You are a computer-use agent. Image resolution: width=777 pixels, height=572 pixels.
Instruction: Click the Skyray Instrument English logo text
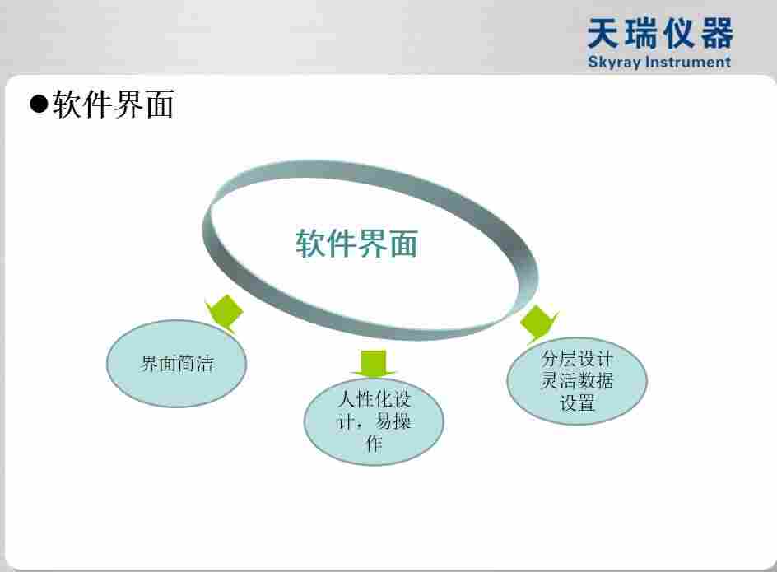pos(659,62)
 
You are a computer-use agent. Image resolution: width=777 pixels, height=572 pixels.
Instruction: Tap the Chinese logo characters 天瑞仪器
pos(659,35)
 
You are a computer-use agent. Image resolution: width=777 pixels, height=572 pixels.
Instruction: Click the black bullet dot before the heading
pos(39,105)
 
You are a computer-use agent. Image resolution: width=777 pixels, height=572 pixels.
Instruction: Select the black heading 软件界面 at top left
pos(113,105)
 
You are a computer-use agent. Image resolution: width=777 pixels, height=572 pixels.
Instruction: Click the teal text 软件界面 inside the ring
pos(356,244)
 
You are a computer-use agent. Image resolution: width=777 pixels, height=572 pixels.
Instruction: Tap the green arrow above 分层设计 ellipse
pos(537,323)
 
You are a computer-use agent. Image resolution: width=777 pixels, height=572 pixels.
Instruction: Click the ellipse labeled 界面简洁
pos(177,363)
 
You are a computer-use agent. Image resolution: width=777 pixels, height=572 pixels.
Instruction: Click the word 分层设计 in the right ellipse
pos(577,359)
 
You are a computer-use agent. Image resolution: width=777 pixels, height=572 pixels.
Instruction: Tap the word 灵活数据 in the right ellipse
pos(577,381)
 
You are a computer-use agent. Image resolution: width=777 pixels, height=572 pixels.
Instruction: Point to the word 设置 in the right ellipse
pos(577,403)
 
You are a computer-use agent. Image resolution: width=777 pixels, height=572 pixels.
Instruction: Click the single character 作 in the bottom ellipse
pos(374,445)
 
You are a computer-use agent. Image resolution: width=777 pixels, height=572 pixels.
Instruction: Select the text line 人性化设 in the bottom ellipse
pos(374,400)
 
